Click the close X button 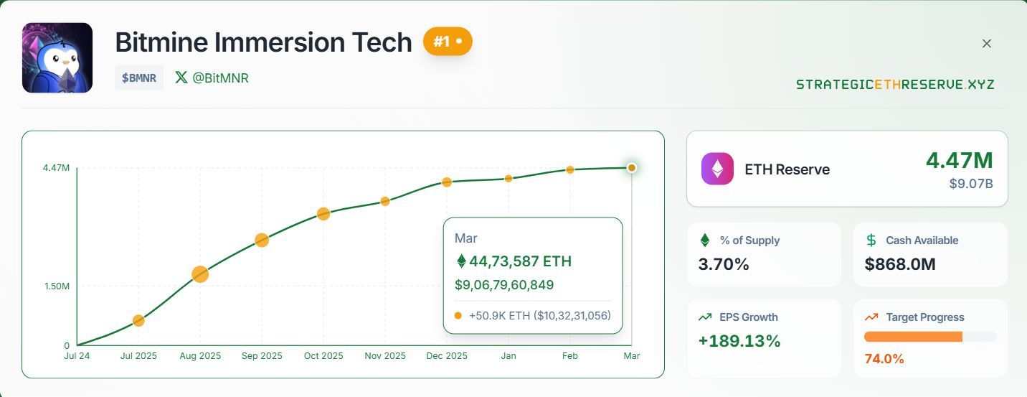pos(986,44)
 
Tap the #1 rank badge pos(448,42)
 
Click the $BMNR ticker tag pos(139,78)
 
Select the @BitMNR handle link pos(212,78)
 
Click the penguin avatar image pos(57,57)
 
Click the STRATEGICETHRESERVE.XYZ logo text pos(895,85)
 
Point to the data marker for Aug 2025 pos(200,274)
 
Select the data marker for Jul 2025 pos(138,320)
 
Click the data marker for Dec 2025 pos(447,182)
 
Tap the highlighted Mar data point pos(631,167)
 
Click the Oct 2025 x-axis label pos(323,356)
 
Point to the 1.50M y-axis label pos(57,286)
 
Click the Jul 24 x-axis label pos(77,356)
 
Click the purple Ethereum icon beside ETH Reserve pos(717,169)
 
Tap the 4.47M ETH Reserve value pos(959,160)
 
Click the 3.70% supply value pos(724,264)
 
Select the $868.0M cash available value pos(900,264)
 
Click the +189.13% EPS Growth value pos(739,341)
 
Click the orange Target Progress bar pos(913,337)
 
